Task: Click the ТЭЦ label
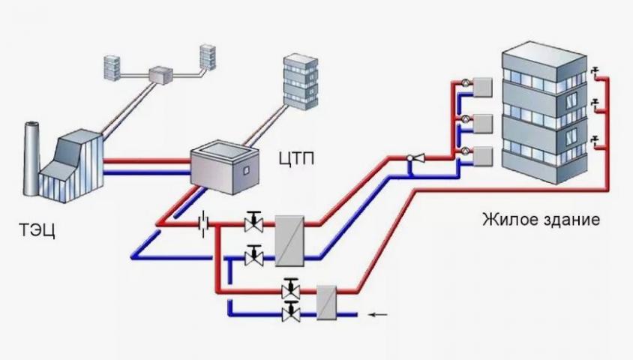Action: pyautogui.click(x=35, y=228)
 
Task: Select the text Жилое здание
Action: pyautogui.click(x=541, y=221)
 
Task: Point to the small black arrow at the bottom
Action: pyautogui.click(x=378, y=314)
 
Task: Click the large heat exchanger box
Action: pyautogui.click(x=289, y=240)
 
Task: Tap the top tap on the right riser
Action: pyautogui.click(x=594, y=72)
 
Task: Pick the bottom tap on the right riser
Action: pyautogui.click(x=594, y=138)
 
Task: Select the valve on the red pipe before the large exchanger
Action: pyautogui.click(x=254, y=222)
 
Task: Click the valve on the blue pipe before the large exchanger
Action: pyautogui.click(x=254, y=257)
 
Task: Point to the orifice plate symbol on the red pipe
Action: pyautogui.click(x=202, y=222)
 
